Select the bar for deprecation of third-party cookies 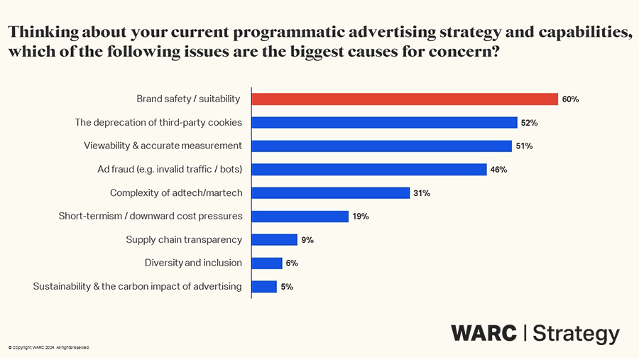pos(384,123)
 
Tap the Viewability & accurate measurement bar pos(381,146)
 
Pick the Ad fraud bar pos(369,170)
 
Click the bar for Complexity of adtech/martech pos(331,193)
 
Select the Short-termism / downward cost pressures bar pos(300,217)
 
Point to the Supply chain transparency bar pos(275,240)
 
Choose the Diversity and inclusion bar pos(267,263)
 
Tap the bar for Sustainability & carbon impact pos(264,287)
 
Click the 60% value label pos(570,99)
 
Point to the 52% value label pos(529,123)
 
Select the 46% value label pos(498,170)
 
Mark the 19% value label pos(361,217)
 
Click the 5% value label pos(287,287)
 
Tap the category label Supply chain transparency pos(184,240)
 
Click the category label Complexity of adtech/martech pos(176,193)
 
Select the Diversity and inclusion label pos(193,263)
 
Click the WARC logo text pos(484,333)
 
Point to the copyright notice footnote pos(49,348)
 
